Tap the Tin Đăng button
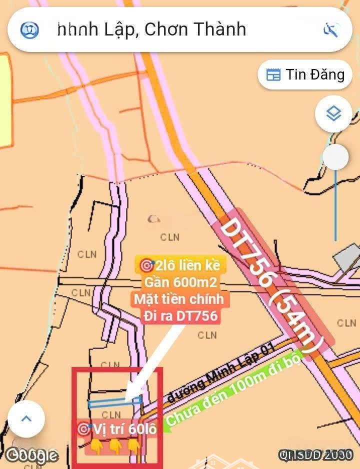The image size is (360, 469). click(x=305, y=75)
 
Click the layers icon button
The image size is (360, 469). click(x=333, y=114)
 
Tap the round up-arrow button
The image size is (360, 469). click(x=26, y=419)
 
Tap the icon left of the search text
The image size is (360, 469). click(x=29, y=30)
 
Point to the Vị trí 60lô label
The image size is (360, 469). click(x=117, y=428)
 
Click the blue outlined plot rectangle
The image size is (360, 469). click(x=114, y=401)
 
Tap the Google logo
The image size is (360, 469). click(x=31, y=455)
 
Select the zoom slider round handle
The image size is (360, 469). click(x=335, y=158)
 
